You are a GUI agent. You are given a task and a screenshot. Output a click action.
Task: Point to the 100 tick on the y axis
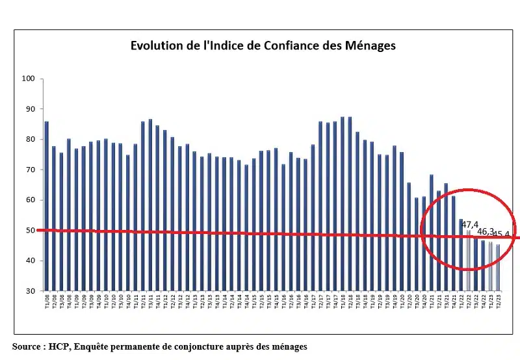point(28,79)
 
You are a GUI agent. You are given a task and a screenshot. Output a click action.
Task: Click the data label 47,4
point(471,224)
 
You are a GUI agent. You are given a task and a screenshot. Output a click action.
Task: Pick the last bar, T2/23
point(499,267)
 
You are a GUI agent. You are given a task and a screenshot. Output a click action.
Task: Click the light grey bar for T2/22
point(469,260)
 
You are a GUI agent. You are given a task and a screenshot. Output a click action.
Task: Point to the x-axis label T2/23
point(499,302)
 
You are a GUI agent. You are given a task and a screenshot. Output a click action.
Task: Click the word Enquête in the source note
point(94,346)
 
